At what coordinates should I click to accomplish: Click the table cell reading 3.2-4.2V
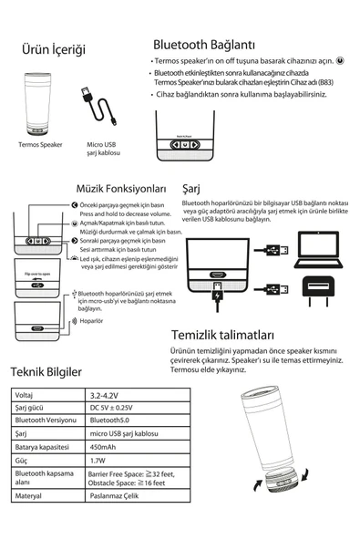(x=104, y=395)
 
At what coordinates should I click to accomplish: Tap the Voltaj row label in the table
(x=27, y=395)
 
